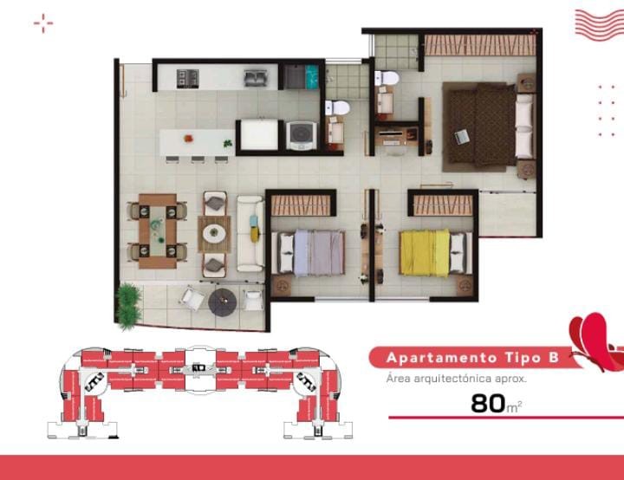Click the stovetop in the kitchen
click(187, 78)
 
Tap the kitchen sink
click(256, 78)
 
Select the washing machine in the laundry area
click(302, 136)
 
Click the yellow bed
click(425, 253)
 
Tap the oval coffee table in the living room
click(214, 234)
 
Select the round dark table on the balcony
click(223, 302)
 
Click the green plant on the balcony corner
click(127, 307)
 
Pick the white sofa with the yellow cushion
click(250, 234)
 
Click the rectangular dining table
click(158, 231)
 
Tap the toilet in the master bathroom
click(387, 78)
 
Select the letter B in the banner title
click(554, 358)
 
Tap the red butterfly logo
click(595, 341)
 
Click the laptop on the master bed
click(462, 137)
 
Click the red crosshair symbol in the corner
click(43, 23)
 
